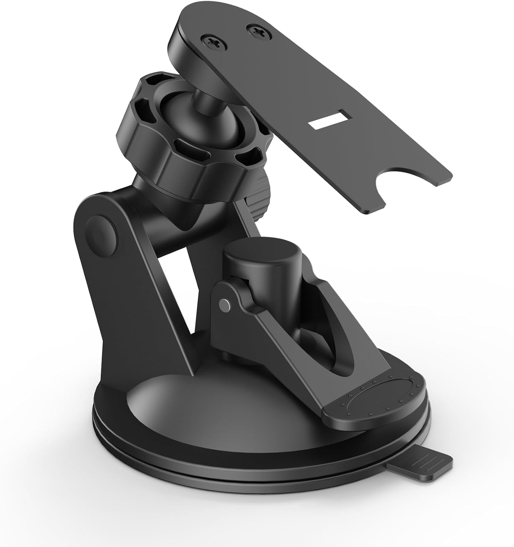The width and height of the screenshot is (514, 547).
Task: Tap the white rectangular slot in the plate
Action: [x=326, y=122]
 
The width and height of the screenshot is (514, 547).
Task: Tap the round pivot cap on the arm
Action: [x=101, y=233]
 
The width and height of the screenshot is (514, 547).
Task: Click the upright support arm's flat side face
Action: [x=120, y=310]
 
